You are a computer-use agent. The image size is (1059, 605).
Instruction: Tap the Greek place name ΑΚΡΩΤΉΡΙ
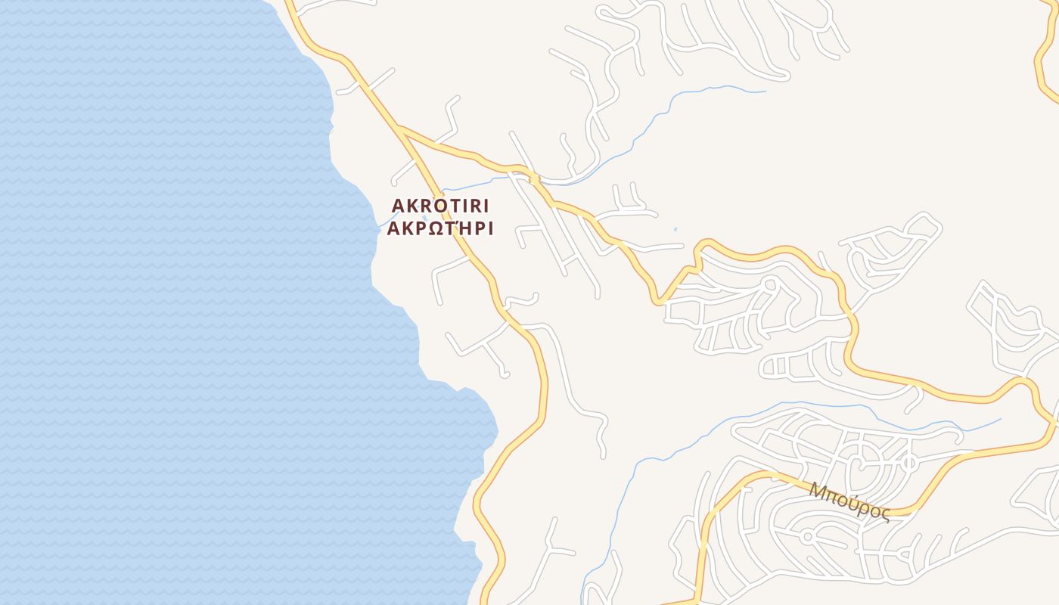[440, 229]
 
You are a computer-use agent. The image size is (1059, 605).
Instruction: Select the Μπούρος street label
[849, 500]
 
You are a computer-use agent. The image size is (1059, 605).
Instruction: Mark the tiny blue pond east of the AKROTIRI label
[675, 230]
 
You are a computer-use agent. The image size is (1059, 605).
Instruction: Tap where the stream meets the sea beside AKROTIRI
[380, 225]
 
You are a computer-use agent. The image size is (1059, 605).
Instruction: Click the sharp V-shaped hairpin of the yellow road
[659, 302]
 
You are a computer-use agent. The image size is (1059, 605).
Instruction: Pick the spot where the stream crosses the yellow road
[534, 178]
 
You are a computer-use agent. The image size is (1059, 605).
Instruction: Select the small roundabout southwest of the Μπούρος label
[807, 536]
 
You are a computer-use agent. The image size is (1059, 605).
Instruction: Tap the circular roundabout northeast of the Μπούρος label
[909, 461]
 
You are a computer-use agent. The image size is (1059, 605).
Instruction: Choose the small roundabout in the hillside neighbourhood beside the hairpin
[770, 285]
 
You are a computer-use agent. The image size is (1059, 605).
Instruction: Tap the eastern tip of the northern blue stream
[764, 92]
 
